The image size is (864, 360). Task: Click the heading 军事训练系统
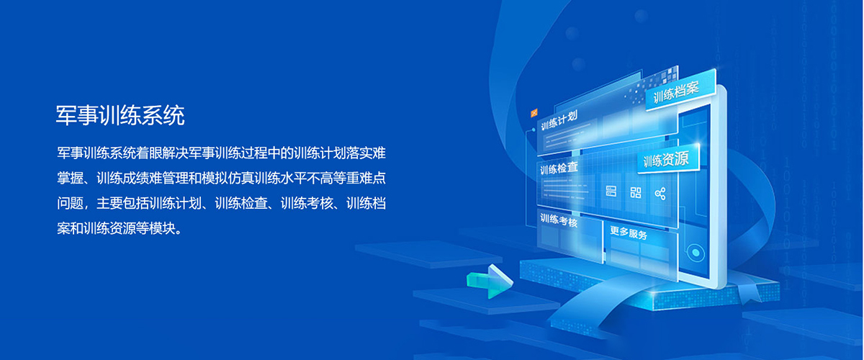tap(120, 115)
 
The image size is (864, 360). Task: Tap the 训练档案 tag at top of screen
tap(676, 92)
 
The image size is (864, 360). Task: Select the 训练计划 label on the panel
tap(559, 121)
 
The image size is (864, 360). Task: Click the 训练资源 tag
tap(666, 159)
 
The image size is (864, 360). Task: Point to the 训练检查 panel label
tap(559, 168)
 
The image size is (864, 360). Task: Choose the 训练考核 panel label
tap(559, 220)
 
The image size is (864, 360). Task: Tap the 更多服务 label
tap(629, 233)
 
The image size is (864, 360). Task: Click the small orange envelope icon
tap(534, 112)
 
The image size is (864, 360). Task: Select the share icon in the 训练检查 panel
tap(660, 193)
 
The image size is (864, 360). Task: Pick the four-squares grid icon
tap(636, 192)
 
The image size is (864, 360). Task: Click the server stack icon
tap(611, 191)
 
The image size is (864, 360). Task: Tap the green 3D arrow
tap(490, 282)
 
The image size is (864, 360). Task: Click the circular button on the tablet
tap(696, 253)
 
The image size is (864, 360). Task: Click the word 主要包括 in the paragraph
tap(122, 203)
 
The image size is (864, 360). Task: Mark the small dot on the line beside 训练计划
tap(534, 130)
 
